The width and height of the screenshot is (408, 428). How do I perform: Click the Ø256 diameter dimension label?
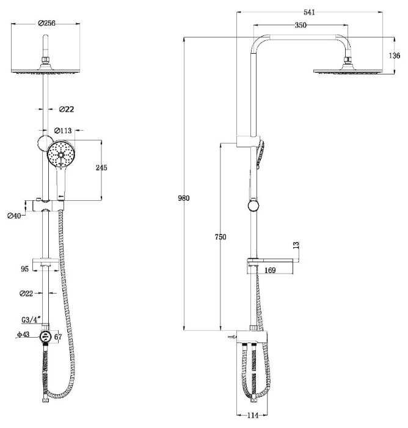[x=46, y=23]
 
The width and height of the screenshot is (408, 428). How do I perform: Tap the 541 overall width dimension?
[x=309, y=12]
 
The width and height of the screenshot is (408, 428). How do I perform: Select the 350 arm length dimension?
[x=301, y=25]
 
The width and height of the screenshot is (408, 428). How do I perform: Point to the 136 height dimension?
[x=395, y=56]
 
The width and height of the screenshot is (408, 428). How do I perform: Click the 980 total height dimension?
[x=183, y=198]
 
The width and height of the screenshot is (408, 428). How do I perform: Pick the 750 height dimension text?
[x=220, y=237]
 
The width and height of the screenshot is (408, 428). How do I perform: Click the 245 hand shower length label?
[x=101, y=167]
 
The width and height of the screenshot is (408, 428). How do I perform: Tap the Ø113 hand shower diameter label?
[x=63, y=131]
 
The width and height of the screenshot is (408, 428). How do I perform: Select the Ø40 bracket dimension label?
[x=14, y=216]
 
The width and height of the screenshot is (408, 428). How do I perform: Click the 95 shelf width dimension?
[x=24, y=269]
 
